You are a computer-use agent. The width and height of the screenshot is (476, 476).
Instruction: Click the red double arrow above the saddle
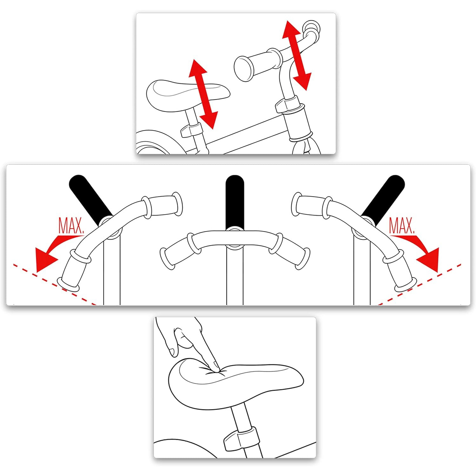pos(203,94)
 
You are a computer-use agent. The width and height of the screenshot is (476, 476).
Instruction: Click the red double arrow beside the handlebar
pos(296,55)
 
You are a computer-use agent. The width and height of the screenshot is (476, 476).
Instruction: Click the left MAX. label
pos(71,226)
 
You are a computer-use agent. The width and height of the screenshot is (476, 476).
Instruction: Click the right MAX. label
pos(402,226)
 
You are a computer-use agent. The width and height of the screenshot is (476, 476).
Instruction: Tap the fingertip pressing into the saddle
pos(215,368)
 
